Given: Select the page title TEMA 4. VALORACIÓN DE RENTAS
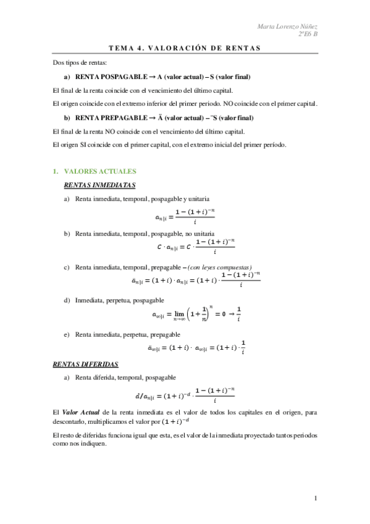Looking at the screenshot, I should [185, 48].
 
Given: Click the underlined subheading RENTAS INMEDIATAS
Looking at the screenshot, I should [100, 185].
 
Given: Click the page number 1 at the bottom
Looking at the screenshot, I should [315, 498].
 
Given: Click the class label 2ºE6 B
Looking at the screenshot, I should [307, 35].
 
